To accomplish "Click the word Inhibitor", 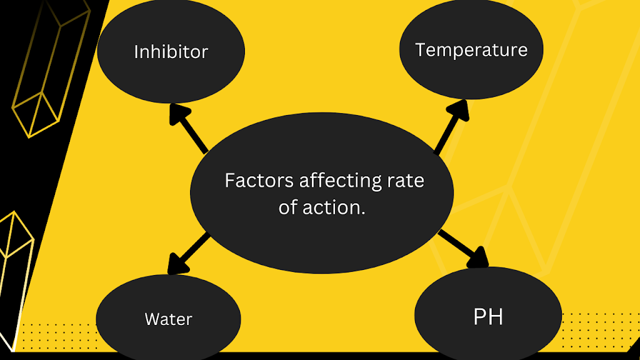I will pos(171,51).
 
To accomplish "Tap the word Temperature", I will pos(471,49).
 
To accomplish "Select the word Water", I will pos(168,319).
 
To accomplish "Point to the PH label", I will pos(488,317).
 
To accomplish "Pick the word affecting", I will pos(339,181).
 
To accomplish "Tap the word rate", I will pos(406,181).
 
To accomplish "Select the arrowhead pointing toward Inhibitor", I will pos(179,116).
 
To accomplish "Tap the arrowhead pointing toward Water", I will pos(177,263).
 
